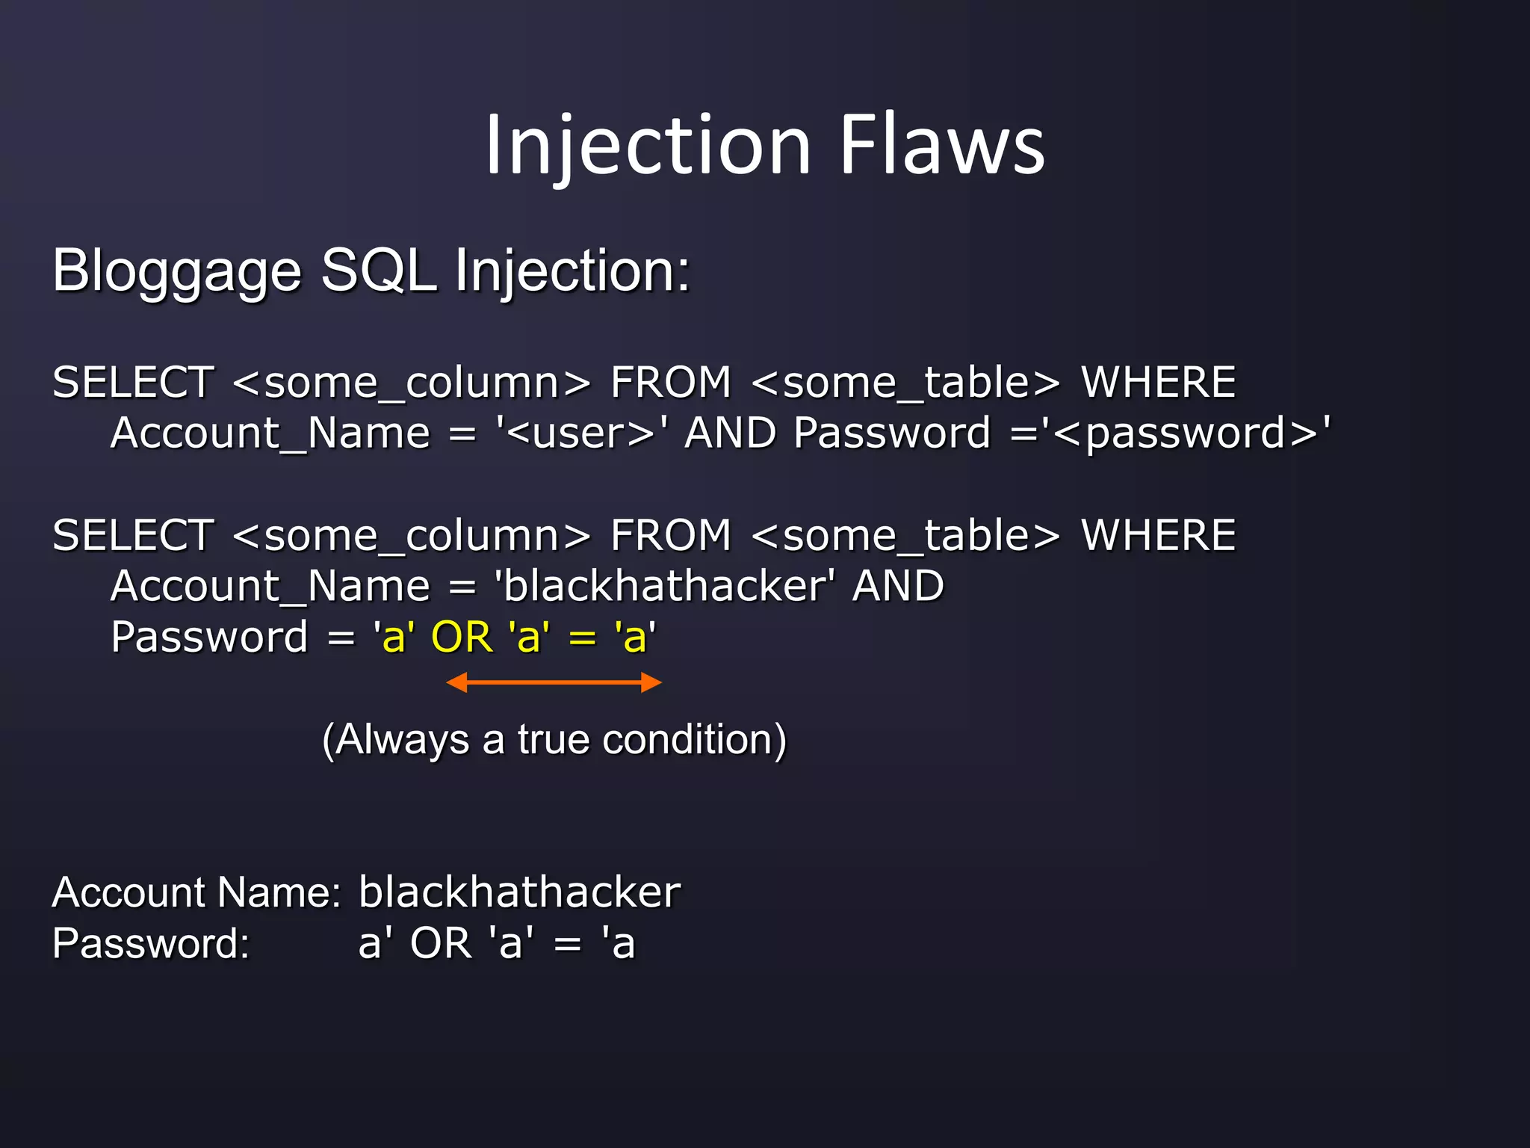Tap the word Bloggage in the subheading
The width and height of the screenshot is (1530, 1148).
pos(177,272)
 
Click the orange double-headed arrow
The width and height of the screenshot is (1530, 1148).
pos(554,682)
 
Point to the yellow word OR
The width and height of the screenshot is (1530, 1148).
pos(462,637)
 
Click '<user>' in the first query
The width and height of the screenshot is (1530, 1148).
pos(582,433)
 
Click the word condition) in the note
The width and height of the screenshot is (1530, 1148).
pos(695,740)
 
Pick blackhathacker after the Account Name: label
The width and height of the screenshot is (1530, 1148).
pos(519,892)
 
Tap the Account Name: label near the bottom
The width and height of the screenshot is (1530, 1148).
pos(196,892)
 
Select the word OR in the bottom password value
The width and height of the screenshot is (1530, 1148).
pos(441,943)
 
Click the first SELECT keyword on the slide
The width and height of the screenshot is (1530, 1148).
pos(134,383)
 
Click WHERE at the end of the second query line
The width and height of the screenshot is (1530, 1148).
pos(1159,535)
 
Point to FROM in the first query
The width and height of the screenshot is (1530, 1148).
pos(671,383)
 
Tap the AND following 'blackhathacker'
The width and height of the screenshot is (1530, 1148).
pos(899,586)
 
